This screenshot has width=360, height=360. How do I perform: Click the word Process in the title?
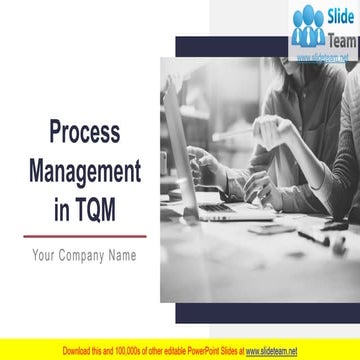86,132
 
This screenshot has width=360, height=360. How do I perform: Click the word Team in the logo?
337,39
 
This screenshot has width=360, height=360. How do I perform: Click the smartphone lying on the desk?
273,230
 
